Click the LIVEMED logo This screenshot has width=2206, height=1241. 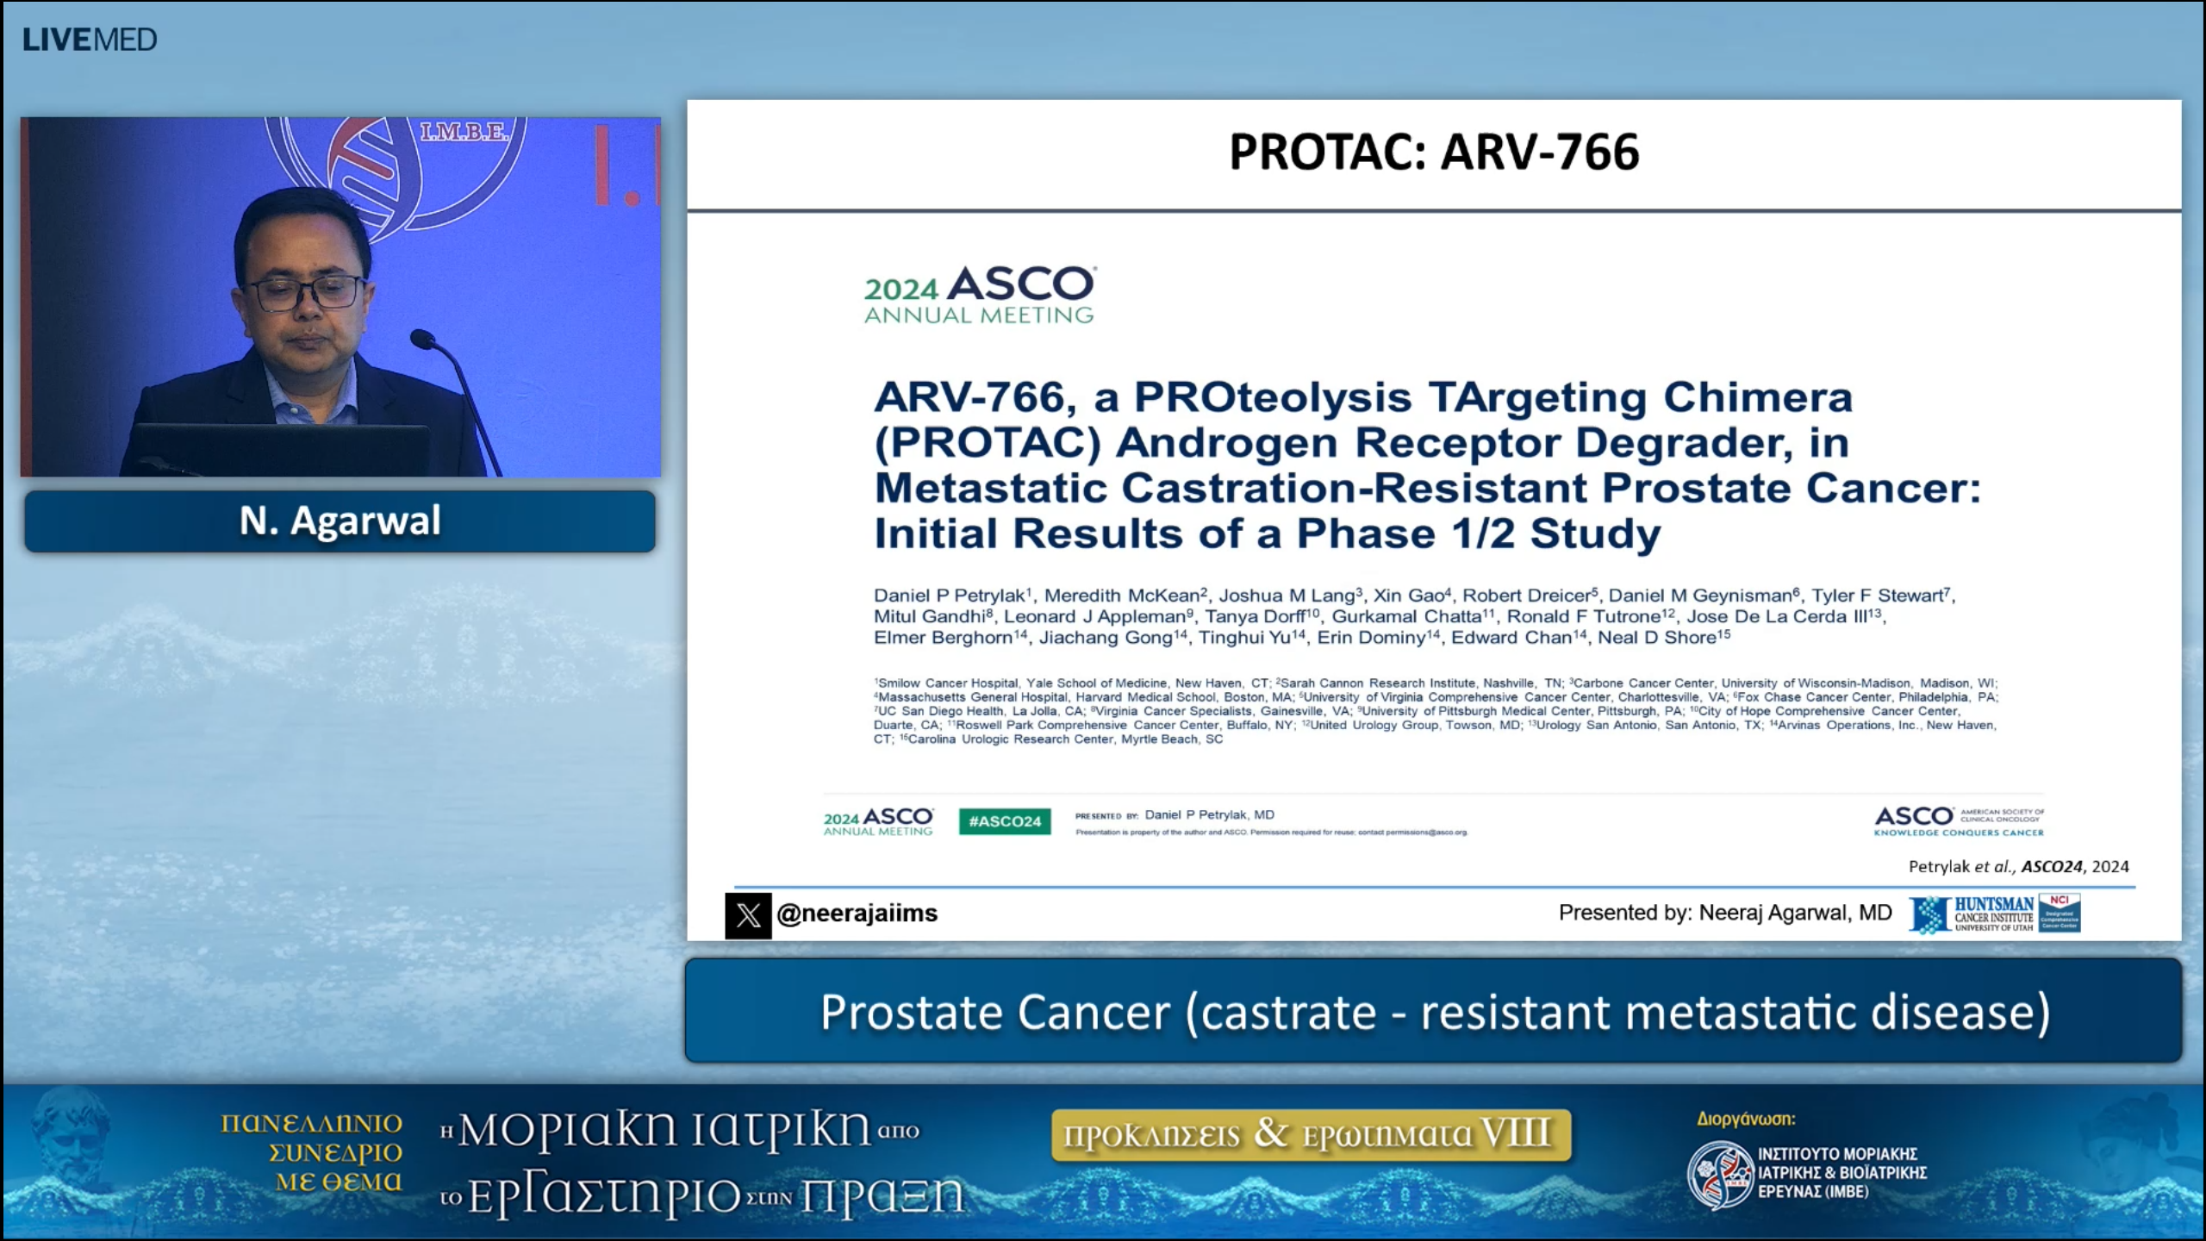point(90,40)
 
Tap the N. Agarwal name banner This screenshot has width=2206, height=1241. point(340,521)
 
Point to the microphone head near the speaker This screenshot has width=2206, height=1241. point(423,340)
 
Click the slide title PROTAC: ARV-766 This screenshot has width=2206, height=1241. point(1433,153)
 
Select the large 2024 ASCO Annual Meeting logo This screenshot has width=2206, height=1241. point(980,296)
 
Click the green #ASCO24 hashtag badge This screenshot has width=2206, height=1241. point(1005,821)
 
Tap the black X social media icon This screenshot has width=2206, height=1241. point(748,914)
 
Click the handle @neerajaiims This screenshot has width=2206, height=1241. point(857,914)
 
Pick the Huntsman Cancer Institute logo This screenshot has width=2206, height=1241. point(1994,914)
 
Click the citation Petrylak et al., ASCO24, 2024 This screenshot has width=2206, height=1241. point(2018,866)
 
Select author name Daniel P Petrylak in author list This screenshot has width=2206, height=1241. point(950,596)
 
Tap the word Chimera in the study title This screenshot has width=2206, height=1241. point(1757,397)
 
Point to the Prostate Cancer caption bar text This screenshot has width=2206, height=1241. point(1434,1012)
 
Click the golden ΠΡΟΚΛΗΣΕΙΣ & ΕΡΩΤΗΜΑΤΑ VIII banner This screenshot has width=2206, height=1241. point(1310,1135)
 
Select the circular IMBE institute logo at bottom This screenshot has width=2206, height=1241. point(1720,1174)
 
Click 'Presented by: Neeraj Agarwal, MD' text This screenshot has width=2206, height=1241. point(1724,913)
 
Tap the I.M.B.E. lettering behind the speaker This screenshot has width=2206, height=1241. point(463,132)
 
